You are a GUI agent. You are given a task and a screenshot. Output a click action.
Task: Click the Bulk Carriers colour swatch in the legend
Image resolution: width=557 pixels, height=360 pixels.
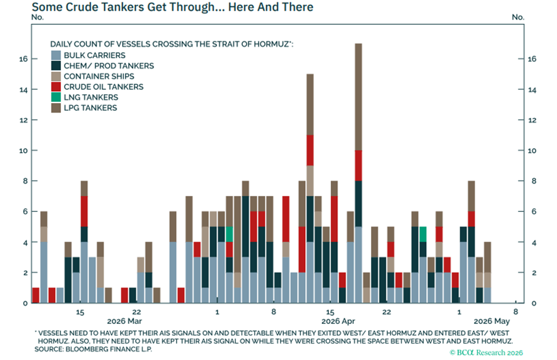[56, 55]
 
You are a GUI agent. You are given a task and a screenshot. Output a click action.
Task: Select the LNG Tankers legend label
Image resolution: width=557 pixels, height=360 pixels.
[91, 97]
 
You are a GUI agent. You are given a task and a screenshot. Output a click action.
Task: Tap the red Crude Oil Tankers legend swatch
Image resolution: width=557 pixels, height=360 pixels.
[56, 86]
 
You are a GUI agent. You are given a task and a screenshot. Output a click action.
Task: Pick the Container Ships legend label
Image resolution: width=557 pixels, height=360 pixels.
[99, 76]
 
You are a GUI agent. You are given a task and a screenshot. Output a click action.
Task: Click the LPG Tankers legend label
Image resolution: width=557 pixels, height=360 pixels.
[90, 108]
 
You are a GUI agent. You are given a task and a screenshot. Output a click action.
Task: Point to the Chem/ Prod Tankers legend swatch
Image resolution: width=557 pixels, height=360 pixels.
[56, 66]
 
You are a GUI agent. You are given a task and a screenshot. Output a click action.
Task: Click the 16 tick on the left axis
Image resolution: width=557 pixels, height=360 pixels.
[24, 59]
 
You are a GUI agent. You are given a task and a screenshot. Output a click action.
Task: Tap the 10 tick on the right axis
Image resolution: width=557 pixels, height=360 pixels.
[532, 150]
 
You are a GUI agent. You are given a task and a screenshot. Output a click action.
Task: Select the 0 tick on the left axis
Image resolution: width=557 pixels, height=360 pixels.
[25, 303]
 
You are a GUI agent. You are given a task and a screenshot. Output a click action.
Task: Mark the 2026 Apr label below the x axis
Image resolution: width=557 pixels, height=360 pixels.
[338, 322]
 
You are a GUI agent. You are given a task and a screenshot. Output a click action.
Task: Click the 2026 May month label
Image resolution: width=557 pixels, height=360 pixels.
[492, 322]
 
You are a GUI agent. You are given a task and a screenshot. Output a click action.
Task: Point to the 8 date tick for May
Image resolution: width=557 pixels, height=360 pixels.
[516, 312]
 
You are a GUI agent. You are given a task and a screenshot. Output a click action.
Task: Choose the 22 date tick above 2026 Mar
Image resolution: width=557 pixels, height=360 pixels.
[137, 312]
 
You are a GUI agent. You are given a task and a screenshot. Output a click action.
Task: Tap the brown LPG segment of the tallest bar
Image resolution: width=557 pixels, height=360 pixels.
[358, 97]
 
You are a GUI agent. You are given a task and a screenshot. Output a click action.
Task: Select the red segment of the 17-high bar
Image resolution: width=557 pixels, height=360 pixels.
[358, 166]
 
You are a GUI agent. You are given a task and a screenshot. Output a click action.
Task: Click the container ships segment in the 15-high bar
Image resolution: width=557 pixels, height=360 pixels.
[310, 181]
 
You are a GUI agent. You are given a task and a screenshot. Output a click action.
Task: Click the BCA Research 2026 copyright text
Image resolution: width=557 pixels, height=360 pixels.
[486, 352]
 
